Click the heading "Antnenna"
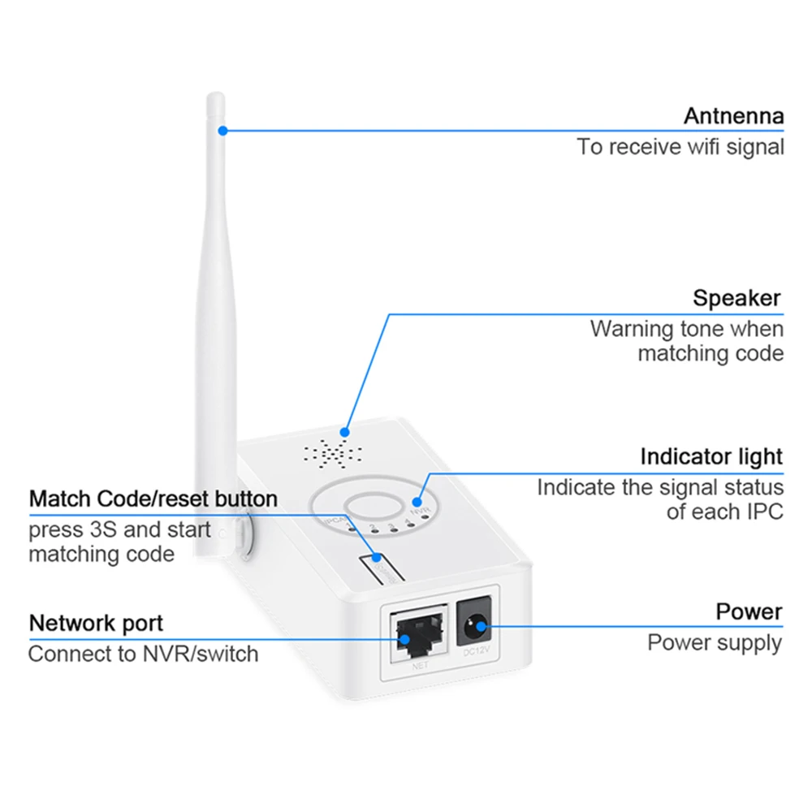point(733,116)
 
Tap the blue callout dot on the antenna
point(222,129)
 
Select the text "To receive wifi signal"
point(680,147)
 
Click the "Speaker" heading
point(736,298)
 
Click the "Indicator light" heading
point(711,456)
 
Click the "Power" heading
point(749,611)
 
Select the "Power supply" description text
point(715,643)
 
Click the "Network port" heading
point(96,624)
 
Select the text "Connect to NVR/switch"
point(143,654)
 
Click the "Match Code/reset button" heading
point(153,498)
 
